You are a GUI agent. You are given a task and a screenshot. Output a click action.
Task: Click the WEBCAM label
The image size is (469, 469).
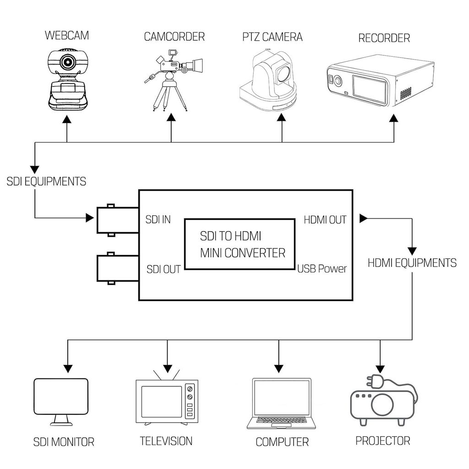pyautogui.click(x=67, y=35)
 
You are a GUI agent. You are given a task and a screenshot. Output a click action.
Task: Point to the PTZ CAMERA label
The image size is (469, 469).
pyautogui.click(x=273, y=37)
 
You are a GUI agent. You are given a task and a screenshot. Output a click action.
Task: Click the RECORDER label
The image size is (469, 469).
pyautogui.click(x=384, y=38)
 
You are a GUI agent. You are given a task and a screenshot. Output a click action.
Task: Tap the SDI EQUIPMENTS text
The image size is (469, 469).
pyautogui.click(x=46, y=181)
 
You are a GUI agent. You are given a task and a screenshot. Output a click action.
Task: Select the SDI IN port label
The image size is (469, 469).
pyautogui.click(x=158, y=219)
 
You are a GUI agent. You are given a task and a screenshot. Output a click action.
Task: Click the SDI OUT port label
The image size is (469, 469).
pyautogui.click(x=164, y=269)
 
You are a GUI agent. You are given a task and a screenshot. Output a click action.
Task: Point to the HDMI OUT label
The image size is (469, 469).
pyautogui.click(x=325, y=220)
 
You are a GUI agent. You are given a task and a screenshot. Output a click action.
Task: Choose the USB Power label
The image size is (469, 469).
pyautogui.click(x=322, y=269)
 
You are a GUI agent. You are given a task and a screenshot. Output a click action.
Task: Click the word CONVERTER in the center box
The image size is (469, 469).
pyautogui.click(x=260, y=253)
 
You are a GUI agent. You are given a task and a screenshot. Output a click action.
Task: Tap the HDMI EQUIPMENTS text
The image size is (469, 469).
pyautogui.click(x=412, y=263)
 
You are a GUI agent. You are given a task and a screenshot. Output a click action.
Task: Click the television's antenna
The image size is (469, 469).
pyautogui.click(x=167, y=373)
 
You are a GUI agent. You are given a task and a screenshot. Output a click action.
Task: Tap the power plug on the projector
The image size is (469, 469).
pyautogui.click(x=372, y=382)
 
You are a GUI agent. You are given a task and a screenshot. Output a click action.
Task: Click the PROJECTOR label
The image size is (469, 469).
pyautogui.click(x=383, y=441)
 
